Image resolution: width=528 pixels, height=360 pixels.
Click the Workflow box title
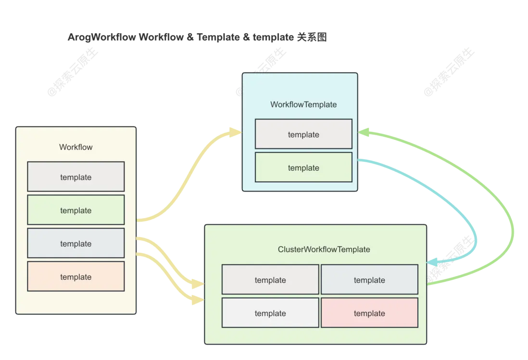[x=75, y=147]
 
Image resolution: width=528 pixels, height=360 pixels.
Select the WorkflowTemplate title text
[x=303, y=104]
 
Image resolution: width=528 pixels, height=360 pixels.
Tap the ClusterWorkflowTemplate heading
[x=324, y=249]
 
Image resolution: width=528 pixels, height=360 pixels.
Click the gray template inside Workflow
[x=76, y=177]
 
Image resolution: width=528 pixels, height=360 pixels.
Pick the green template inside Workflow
[x=76, y=210]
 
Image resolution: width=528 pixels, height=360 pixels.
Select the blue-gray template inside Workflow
[x=76, y=243]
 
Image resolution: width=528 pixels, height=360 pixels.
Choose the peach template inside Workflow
[x=76, y=276]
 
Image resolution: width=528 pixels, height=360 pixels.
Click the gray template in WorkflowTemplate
[x=303, y=134]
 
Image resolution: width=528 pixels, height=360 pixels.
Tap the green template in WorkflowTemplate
[x=303, y=167]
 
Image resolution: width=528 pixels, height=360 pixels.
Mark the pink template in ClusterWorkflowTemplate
[x=369, y=313]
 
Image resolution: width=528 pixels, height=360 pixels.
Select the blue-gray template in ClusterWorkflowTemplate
[x=369, y=280]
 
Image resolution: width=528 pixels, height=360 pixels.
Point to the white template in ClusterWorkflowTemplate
[x=270, y=313]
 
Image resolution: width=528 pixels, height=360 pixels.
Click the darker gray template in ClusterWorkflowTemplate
[x=270, y=280]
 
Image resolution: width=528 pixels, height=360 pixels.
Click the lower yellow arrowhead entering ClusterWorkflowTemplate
[x=197, y=300]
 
